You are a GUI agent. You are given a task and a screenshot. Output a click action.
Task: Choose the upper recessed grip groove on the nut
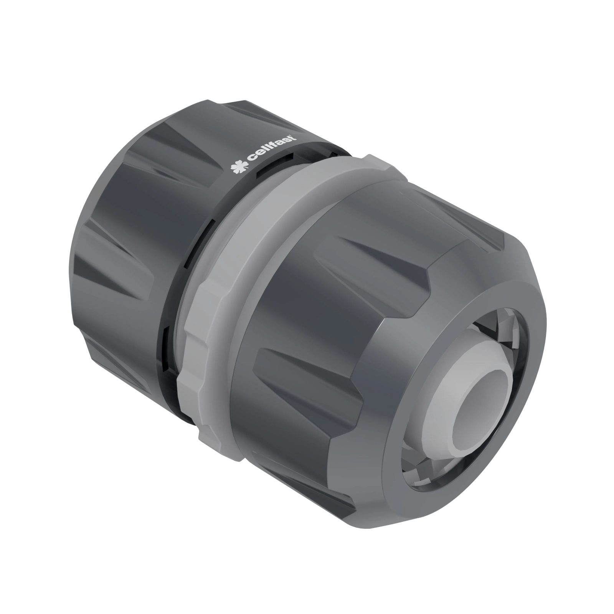[368, 253]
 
